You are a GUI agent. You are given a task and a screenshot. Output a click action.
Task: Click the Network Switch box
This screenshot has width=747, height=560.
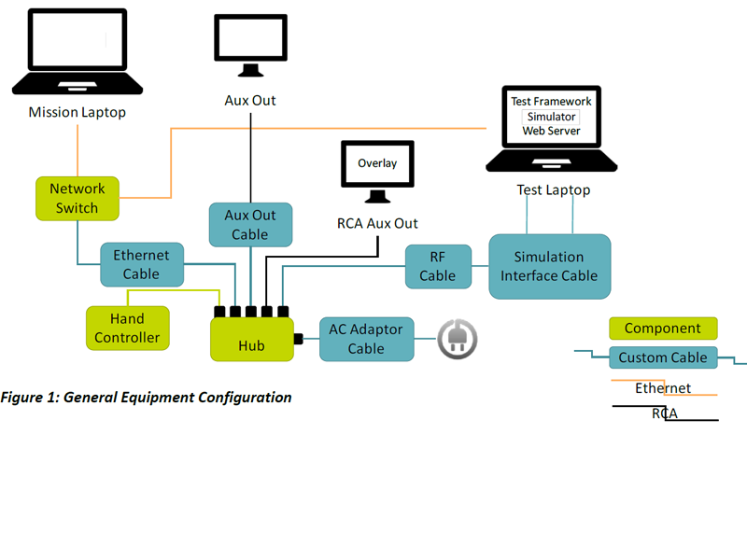pyautogui.click(x=78, y=198)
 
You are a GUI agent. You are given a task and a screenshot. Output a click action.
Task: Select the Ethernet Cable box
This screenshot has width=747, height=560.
pyautogui.click(x=142, y=264)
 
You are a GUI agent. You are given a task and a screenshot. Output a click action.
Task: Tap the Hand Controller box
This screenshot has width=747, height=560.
pyautogui.click(x=128, y=328)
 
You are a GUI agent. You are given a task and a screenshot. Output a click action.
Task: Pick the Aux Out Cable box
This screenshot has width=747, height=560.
pyautogui.click(x=249, y=225)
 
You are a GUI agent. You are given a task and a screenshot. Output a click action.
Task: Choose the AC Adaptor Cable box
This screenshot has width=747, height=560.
pyautogui.click(x=366, y=338)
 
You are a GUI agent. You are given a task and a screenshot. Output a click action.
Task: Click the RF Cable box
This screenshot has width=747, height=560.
pyautogui.click(x=438, y=266)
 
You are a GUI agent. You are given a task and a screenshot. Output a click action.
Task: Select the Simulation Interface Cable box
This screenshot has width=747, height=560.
pyautogui.click(x=549, y=266)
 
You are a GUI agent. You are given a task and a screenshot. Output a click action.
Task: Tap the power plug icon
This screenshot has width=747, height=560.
pyautogui.click(x=458, y=339)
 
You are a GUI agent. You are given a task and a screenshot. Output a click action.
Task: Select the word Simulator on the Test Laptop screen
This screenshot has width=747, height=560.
pyautogui.click(x=551, y=117)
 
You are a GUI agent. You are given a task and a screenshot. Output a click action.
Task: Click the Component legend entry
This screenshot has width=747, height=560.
pyautogui.click(x=663, y=329)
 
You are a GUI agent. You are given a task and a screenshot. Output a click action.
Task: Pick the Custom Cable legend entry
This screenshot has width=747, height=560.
pyautogui.click(x=663, y=357)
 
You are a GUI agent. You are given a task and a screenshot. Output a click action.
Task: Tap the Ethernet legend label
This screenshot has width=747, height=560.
pyautogui.click(x=663, y=388)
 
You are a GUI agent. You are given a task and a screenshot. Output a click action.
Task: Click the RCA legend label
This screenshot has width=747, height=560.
pyautogui.click(x=665, y=413)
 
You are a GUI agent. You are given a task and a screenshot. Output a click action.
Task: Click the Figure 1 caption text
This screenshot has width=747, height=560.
pyautogui.click(x=147, y=398)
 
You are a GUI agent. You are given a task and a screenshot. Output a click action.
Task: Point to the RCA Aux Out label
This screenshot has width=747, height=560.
pyautogui.click(x=377, y=224)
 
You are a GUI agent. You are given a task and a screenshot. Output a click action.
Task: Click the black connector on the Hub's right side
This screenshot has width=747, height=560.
pyautogui.click(x=298, y=339)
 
